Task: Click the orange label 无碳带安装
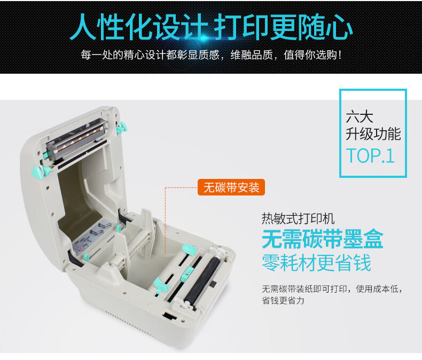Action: [x=231, y=187]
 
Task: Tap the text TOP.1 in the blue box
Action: [x=370, y=156]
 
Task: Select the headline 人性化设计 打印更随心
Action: [x=212, y=27]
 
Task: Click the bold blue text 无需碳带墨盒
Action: [x=323, y=239]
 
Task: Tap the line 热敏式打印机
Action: [x=298, y=218]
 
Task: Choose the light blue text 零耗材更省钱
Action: [x=316, y=263]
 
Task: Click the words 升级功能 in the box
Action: [x=373, y=134]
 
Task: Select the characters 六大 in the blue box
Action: [x=360, y=117]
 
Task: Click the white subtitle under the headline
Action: [x=212, y=55]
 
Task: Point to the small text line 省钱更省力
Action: [x=283, y=300]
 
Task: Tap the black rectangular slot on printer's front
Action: [x=169, y=316]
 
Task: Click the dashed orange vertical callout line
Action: [x=165, y=221]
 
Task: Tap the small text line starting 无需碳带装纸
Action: [x=333, y=289]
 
